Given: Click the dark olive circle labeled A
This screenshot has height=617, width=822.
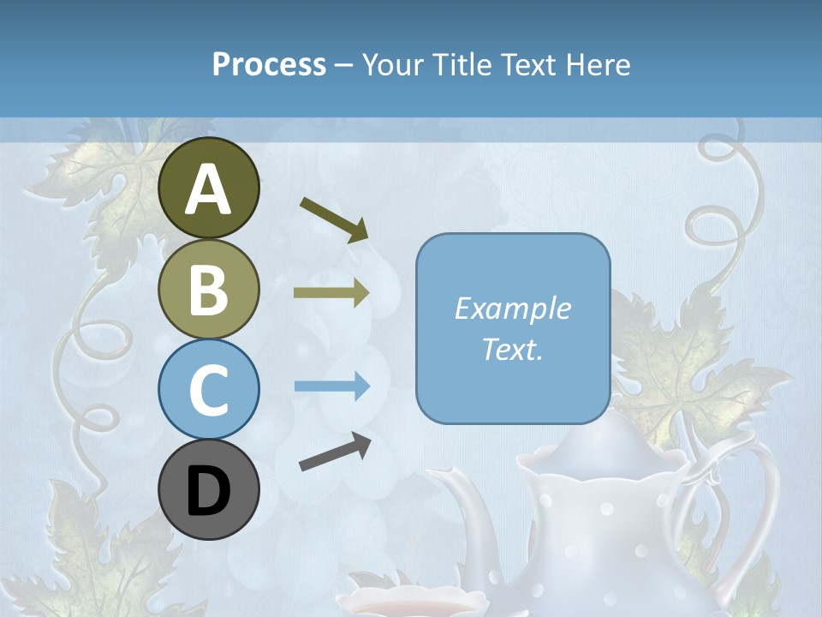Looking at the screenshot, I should click(x=209, y=188).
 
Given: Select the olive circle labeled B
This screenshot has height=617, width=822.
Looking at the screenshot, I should click(x=209, y=290).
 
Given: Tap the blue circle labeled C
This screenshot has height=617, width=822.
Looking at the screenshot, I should click(x=209, y=389).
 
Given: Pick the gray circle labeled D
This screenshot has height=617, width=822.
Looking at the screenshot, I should click(x=209, y=489).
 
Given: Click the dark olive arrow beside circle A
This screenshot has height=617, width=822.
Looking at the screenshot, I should click(x=334, y=219).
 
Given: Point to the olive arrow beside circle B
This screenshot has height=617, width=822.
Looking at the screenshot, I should click(x=331, y=292).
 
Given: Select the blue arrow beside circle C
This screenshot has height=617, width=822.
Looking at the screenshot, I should click(x=331, y=386).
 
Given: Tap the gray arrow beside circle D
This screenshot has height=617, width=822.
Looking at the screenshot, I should click(x=335, y=452).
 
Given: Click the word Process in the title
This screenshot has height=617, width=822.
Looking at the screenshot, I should click(x=269, y=64).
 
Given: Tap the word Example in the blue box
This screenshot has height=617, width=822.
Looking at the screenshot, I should click(x=512, y=308).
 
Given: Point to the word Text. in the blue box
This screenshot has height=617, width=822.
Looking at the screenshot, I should click(x=512, y=350).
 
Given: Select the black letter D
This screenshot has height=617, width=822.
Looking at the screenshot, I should click(x=209, y=491).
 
